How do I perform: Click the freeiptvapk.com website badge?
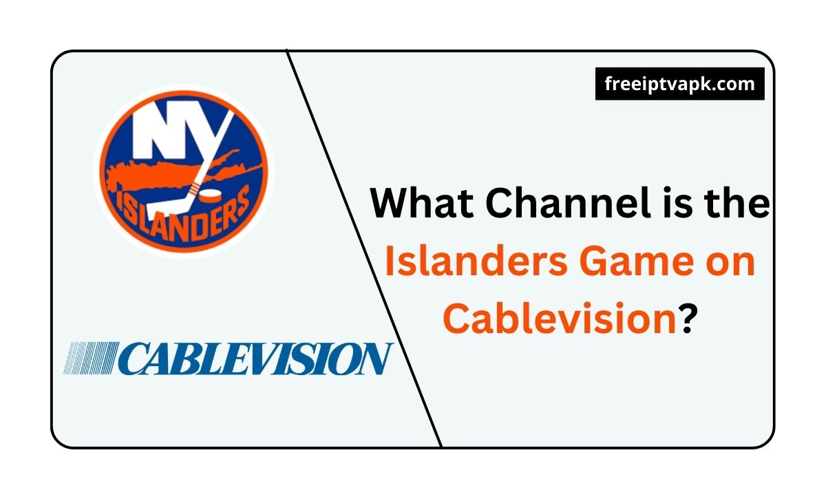679,84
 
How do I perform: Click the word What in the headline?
422,203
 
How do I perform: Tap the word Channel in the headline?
569,202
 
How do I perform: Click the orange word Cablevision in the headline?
560,317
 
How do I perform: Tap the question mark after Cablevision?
687,317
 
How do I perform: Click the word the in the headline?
737,202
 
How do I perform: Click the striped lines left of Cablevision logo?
91,358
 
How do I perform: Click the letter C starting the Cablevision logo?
136,359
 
